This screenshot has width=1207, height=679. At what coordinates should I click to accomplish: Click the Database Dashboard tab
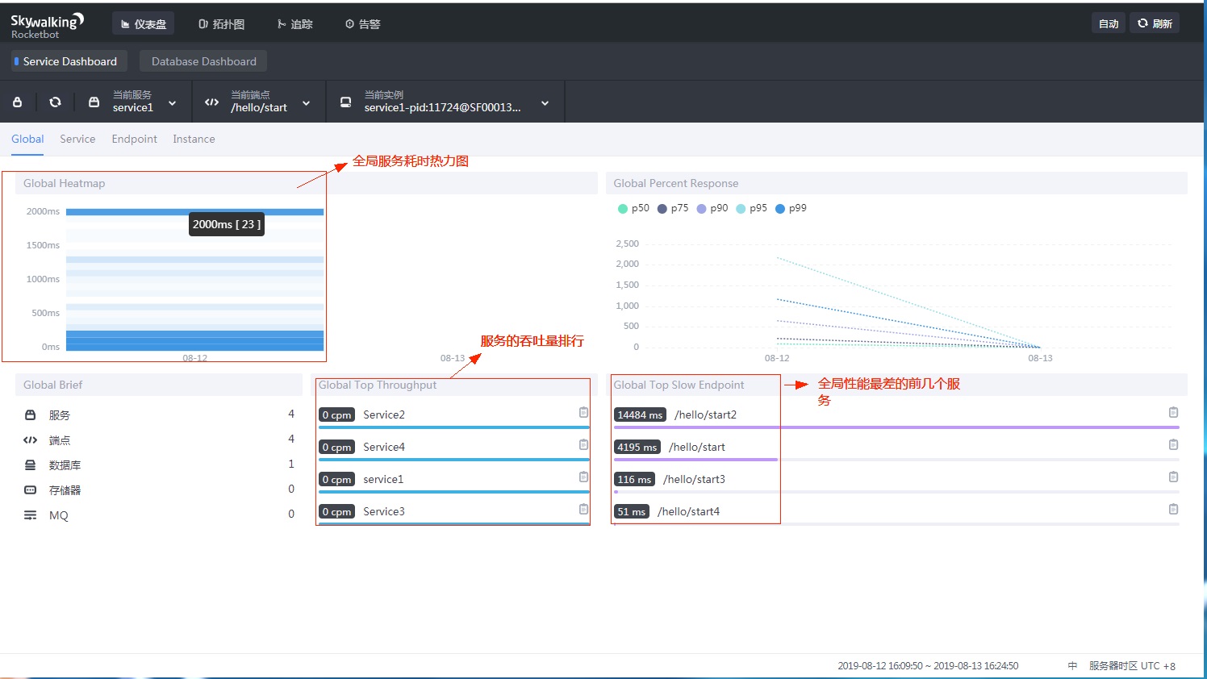point(203,61)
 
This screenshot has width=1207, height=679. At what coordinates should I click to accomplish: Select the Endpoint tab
point(134,139)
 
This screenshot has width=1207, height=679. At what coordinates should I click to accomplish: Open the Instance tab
point(194,139)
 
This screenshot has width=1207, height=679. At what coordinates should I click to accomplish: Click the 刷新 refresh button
point(1155,23)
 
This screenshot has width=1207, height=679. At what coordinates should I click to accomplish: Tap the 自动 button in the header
point(1108,23)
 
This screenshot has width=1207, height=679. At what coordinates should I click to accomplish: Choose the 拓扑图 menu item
point(221,24)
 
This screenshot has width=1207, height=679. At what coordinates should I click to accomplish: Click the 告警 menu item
point(362,24)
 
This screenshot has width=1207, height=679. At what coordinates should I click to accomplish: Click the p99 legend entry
point(791,208)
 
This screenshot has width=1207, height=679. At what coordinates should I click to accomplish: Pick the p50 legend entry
point(633,208)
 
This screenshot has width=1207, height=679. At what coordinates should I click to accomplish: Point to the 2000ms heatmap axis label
point(43,211)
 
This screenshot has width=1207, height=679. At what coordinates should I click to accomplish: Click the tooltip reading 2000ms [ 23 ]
point(226,224)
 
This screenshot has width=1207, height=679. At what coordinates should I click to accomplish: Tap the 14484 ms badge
point(640,414)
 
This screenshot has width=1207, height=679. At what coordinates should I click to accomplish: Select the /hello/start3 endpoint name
point(694,479)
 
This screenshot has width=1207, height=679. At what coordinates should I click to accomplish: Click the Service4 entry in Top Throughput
point(384,447)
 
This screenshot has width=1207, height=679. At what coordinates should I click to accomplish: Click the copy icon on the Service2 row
point(583,412)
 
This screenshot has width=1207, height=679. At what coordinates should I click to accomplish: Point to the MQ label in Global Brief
point(59,515)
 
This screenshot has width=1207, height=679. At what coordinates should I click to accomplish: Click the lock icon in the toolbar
point(18,102)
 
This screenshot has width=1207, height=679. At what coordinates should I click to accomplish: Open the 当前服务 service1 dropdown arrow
point(172,103)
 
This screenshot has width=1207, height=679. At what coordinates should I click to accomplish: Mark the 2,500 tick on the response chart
point(627,244)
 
